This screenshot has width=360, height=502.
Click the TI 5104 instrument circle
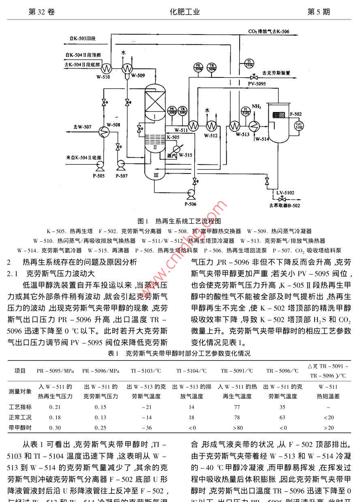click(x=249, y=63)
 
